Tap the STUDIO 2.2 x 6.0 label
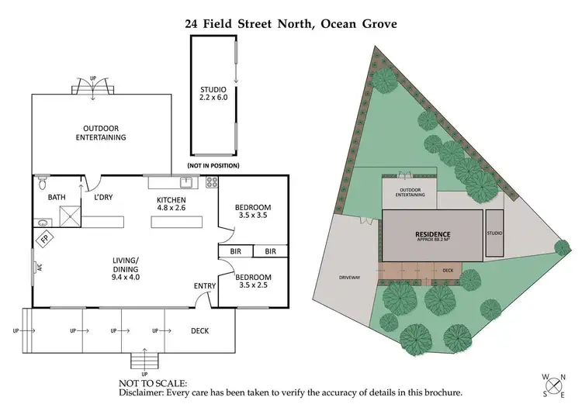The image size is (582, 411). (213, 95)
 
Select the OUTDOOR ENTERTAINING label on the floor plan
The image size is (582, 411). (101, 133)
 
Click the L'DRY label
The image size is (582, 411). (103, 198)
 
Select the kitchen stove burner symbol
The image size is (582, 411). (212, 183)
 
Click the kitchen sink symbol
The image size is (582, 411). (185, 183)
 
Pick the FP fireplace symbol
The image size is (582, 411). (45, 240)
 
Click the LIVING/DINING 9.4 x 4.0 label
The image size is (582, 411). (125, 268)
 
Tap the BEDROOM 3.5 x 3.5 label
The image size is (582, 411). (253, 212)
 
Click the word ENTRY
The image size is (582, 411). (205, 287)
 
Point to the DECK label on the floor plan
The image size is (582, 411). (199, 331)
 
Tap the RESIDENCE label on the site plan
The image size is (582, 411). (432, 233)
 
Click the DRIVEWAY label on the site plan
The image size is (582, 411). (350, 277)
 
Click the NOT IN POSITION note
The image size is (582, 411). (213, 166)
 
